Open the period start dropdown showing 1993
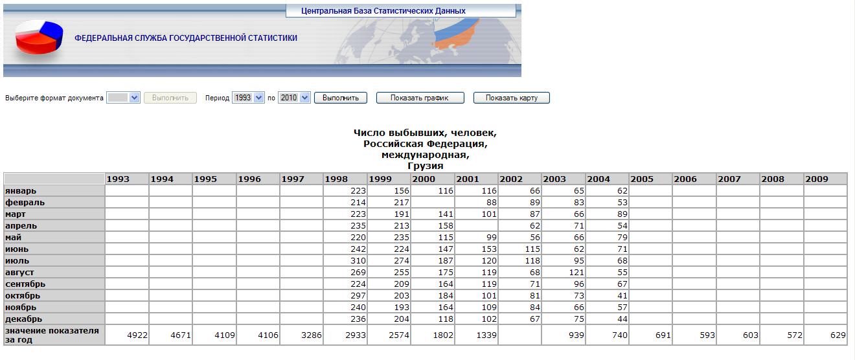pyautogui.click(x=249, y=98)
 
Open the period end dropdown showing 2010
pyautogui.click(x=295, y=98)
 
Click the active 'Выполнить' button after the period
pyautogui.click(x=341, y=98)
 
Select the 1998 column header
pyautogui.click(x=345, y=179)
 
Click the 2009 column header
pyautogui.click(x=825, y=179)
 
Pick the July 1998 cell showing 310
pyautogui.click(x=357, y=261)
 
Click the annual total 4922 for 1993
pyautogui.click(x=136, y=335)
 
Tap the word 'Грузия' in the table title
pyautogui.click(x=425, y=166)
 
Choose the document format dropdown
pyautogui.click(x=124, y=98)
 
